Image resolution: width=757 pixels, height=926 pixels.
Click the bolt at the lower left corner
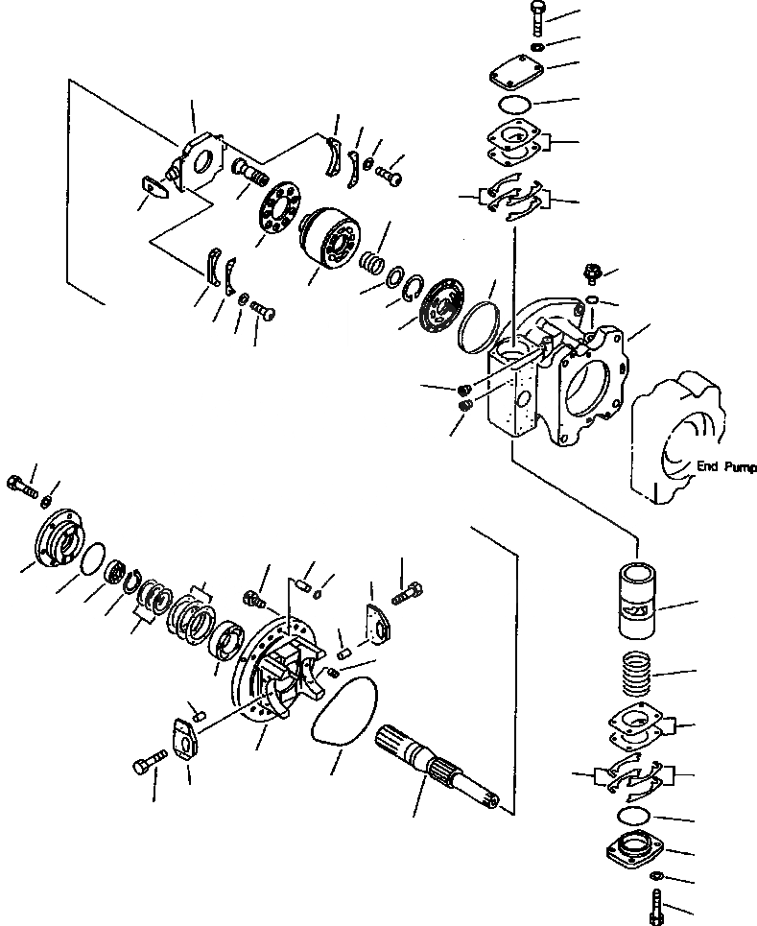click(144, 767)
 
